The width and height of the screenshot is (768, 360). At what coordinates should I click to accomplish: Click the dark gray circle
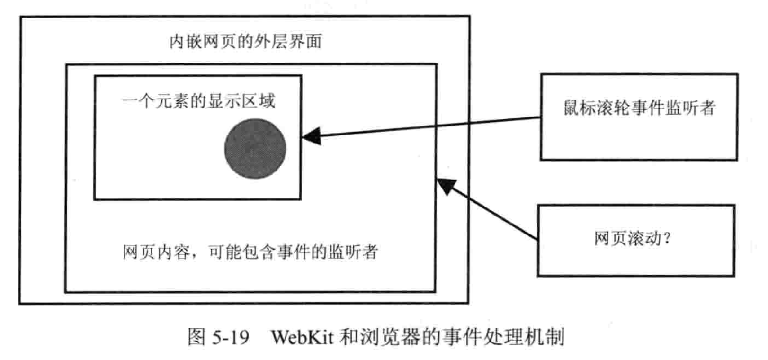click(255, 148)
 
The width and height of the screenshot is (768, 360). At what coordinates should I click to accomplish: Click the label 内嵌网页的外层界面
click(245, 42)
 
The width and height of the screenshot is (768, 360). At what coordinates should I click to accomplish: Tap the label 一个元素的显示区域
click(198, 101)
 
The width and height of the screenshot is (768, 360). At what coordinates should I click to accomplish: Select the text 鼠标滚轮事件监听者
click(639, 108)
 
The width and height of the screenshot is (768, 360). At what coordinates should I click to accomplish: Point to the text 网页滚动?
click(633, 238)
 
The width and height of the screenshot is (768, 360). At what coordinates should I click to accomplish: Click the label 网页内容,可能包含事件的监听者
click(250, 252)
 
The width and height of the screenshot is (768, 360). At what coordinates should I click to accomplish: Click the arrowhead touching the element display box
click(311, 136)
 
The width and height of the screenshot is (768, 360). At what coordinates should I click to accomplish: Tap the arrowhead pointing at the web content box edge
click(447, 186)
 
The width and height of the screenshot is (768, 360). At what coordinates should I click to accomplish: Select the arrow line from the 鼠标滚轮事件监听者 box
click(421, 127)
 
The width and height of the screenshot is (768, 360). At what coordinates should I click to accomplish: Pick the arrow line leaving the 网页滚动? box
click(487, 209)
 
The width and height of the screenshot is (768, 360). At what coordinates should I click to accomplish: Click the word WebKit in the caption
click(302, 338)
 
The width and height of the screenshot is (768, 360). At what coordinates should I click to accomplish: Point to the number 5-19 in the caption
click(231, 338)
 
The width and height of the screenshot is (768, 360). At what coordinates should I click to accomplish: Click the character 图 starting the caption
click(196, 337)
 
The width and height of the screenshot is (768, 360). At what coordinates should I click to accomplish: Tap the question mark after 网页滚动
click(667, 238)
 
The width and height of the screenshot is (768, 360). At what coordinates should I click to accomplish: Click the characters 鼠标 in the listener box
click(580, 108)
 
